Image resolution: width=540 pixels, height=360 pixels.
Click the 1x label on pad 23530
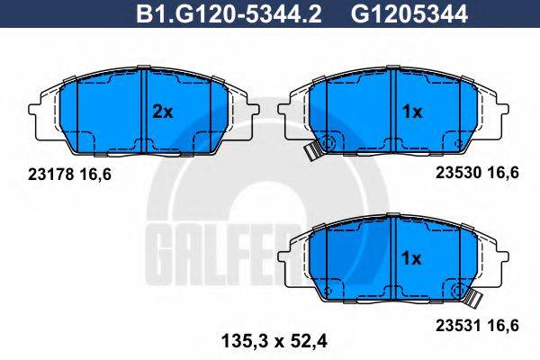(411, 112)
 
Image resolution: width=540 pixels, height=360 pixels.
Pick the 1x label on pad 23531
(411, 258)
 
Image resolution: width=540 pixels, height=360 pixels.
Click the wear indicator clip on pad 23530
(311, 152)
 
